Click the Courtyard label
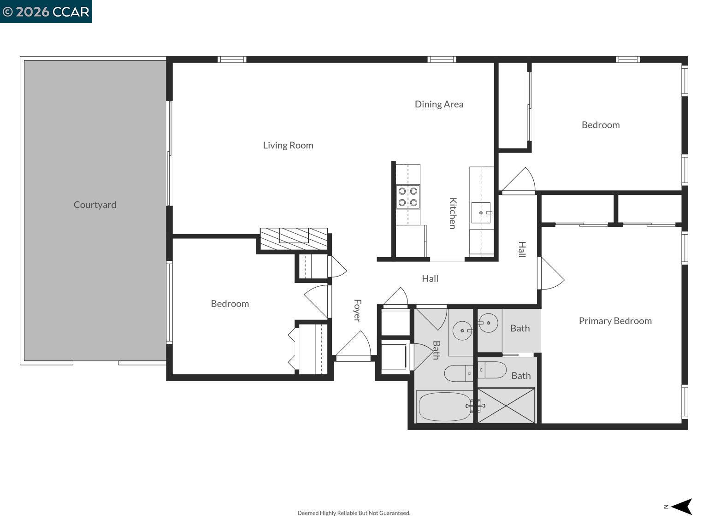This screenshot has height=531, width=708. pos(95,205)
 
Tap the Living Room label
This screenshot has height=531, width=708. pos(288,145)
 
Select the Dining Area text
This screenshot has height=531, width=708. pos(439,104)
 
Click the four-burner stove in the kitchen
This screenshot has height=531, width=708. pos(408,197)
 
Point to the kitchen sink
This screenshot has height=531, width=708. pos(481,212)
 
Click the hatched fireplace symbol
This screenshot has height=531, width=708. pos(294,239)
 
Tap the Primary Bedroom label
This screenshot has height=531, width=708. pos(615,321)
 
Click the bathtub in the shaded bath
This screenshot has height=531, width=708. pos(444,407)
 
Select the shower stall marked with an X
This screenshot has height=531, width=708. pos(506,405)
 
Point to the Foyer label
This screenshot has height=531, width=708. pos(357,311)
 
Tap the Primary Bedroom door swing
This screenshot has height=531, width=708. pos(551,275)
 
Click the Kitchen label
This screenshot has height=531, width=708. pos(453,213)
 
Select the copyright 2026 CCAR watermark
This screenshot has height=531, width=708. pos(46,11)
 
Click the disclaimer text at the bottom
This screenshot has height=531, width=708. pos(354,513)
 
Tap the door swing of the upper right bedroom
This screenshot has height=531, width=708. pos(520,181)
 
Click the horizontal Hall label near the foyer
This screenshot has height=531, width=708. pos(430,278)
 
